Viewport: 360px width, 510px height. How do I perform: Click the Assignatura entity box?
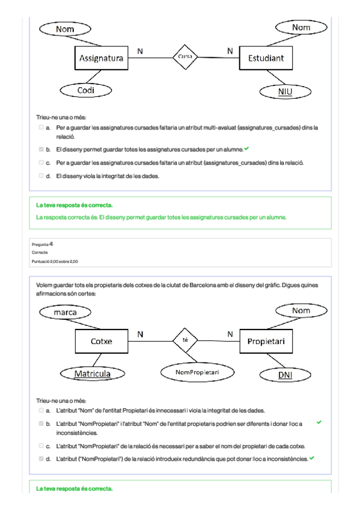pyautogui.click(x=102, y=58)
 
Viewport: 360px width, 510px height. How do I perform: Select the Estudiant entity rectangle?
pyautogui.click(x=266, y=58)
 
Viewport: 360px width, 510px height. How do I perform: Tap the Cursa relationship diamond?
pyautogui.click(x=185, y=57)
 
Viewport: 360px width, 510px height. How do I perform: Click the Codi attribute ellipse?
pyautogui.click(x=86, y=90)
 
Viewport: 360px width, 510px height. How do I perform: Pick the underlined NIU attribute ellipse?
pyautogui.click(x=285, y=91)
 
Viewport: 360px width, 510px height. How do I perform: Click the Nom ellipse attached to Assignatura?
pyautogui.click(x=65, y=29)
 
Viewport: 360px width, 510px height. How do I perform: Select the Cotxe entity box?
pyautogui.click(x=102, y=341)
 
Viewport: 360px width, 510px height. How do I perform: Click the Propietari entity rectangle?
pyautogui.click(x=266, y=341)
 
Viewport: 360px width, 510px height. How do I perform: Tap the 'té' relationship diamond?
pyautogui.click(x=185, y=340)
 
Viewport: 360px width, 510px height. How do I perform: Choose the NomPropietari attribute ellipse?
pyautogui.click(x=197, y=372)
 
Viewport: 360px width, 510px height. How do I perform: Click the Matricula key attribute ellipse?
pyautogui.click(x=93, y=373)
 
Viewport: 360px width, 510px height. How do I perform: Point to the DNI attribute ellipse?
pyautogui.click(x=285, y=375)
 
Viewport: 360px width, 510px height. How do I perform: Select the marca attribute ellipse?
pyautogui.click(x=65, y=312)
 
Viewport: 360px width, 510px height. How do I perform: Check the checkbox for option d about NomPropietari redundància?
pyautogui.click(x=41, y=459)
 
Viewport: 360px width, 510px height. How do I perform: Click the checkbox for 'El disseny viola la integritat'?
pyautogui.click(x=41, y=176)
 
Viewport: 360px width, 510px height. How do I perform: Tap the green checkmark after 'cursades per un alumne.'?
pyautogui.click(x=246, y=149)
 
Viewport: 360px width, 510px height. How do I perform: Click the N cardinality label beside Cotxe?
pyautogui.click(x=140, y=334)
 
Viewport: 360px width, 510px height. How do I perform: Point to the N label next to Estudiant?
pyautogui.click(x=230, y=51)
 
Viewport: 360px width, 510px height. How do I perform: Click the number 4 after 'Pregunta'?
pyautogui.click(x=51, y=244)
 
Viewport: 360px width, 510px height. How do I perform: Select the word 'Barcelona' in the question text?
pyautogui.click(x=203, y=285)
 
